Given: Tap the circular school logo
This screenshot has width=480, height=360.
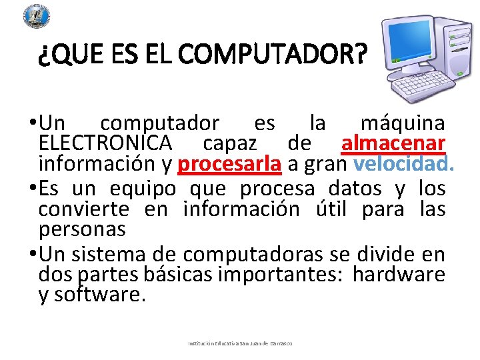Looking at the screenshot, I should tap(37, 15).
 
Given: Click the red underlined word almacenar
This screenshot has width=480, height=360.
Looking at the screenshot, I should tap(393, 143).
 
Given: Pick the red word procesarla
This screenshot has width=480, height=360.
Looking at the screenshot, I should tap(230, 163).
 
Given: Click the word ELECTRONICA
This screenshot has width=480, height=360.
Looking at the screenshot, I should tap(105, 143).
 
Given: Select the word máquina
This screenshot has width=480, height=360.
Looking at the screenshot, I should tap(403, 123).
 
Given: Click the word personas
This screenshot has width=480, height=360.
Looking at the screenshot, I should tap(82, 229).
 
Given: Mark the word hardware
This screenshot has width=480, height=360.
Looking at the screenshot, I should tap(399, 274).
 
